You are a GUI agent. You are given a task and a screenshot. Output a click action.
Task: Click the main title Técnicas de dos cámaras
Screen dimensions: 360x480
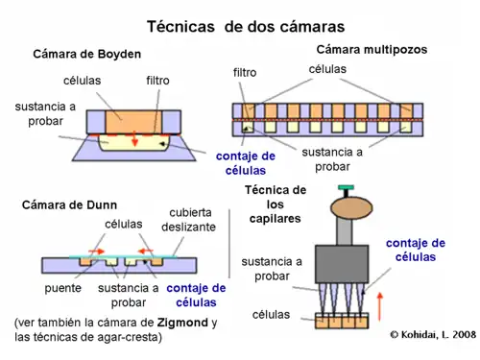(x=245, y=26)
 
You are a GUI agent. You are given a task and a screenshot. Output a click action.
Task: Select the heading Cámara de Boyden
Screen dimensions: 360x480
(x=87, y=54)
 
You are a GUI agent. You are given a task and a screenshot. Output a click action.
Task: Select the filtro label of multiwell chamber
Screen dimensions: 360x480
(x=245, y=72)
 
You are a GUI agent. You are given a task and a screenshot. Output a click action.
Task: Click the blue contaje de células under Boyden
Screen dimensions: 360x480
(x=245, y=162)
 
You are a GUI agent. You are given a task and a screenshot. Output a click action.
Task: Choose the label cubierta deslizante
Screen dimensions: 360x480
(x=192, y=220)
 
